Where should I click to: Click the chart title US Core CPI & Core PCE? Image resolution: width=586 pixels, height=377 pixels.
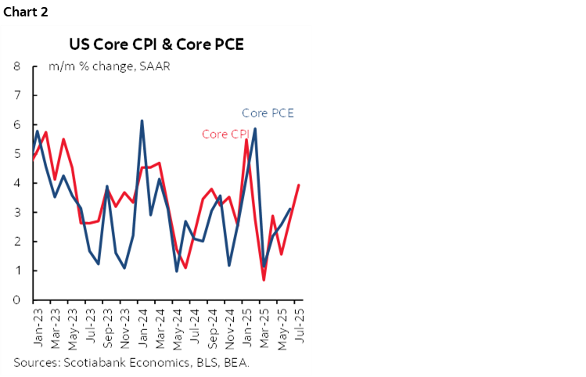coord(156,44)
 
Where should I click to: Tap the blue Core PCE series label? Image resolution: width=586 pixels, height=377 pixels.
coord(268,113)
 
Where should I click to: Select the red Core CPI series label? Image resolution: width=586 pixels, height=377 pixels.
coord(225,134)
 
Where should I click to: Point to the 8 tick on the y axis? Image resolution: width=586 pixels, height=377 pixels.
coord(16,66)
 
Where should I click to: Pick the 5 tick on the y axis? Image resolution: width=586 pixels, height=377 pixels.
coord(16,154)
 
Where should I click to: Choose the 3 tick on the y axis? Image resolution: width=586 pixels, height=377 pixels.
coord(16,213)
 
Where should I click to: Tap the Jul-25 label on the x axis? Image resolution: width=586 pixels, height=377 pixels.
coord(298,321)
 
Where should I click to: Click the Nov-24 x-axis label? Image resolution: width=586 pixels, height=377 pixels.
coord(228,322)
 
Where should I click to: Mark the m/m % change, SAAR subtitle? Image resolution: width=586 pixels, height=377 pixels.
coord(110,66)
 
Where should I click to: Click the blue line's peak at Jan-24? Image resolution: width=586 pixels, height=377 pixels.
coord(142,120)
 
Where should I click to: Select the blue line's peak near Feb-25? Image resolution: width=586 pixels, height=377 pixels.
coord(255,128)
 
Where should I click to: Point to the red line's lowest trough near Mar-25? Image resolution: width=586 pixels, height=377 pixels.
coord(264,280)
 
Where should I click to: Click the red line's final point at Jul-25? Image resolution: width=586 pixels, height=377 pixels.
coord(299,185)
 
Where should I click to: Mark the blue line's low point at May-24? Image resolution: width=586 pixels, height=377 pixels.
coord(177,271)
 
